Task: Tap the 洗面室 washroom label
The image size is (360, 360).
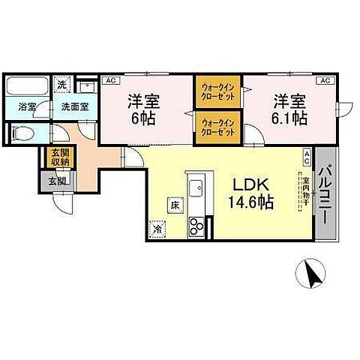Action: point(75,106)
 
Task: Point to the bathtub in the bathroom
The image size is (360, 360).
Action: point(27,86)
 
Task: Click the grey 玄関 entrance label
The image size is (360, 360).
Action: point(57,181)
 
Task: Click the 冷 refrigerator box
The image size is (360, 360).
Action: point(158,228)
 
